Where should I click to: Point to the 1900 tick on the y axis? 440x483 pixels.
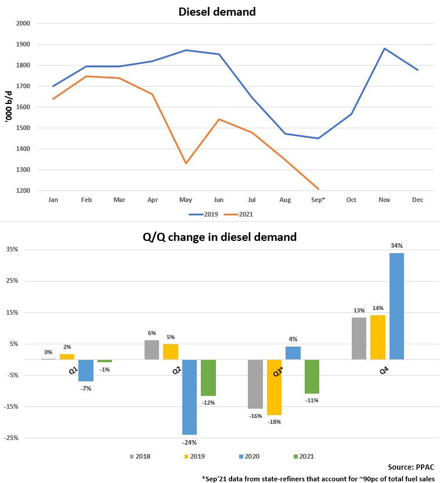point(24,45)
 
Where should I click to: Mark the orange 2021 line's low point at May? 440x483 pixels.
point(186,163)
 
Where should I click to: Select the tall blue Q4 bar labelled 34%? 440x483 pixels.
point(396,306)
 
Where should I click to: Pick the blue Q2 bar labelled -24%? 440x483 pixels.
point(190,397)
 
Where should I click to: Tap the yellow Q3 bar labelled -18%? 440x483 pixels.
point(275,387)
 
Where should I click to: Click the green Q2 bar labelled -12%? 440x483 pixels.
point(208,378)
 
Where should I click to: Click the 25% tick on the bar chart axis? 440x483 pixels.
point(12,281)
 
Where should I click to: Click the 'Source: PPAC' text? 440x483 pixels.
point(411,467)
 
